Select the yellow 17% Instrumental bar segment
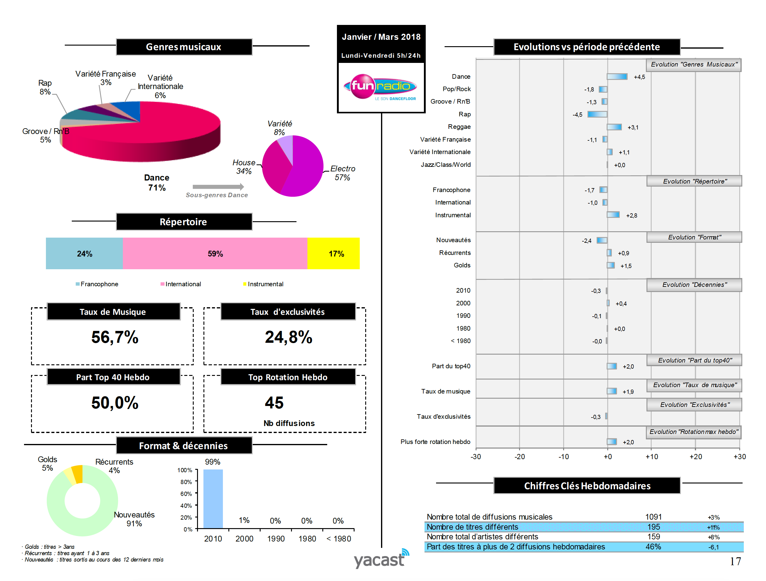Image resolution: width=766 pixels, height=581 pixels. click(334, 253)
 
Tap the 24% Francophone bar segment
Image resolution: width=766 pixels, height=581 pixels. click(84, 253)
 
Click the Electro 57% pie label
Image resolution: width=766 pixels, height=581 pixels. click(342, 173)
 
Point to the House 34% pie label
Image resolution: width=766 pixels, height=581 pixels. click(244, 167)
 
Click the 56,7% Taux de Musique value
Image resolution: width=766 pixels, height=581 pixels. click(115, 337)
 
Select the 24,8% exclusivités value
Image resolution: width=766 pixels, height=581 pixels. click(289, 337)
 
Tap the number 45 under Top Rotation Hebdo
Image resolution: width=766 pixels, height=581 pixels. click(274, 403)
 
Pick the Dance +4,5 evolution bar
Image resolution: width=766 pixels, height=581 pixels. click(617, 77)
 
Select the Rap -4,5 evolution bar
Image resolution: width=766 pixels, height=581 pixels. click(597, 114)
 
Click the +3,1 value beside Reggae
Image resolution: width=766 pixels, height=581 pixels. click(633, 127)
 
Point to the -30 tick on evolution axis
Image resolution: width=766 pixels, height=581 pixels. click(476, 457)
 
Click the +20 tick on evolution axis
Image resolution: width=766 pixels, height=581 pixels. click(696, 457)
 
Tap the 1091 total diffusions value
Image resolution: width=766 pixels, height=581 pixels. click(653, 517)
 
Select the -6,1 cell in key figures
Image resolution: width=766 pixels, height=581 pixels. click(713, 547)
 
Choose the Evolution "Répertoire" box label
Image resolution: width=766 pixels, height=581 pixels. click(694, 181)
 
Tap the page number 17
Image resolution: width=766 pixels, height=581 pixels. click(735, 561)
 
